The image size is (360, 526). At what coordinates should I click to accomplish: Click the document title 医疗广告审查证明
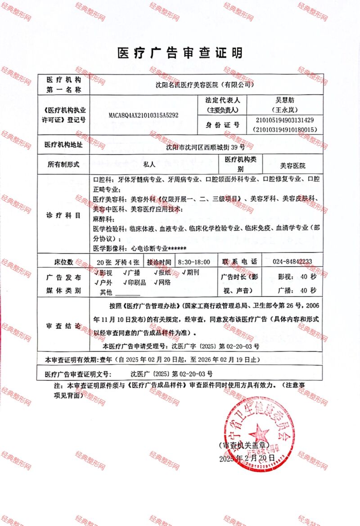[x=180, y=53]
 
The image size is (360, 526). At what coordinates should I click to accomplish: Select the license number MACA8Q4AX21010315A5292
[x=144, y=116]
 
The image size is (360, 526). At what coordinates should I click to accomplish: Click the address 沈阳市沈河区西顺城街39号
[x=205, y=147]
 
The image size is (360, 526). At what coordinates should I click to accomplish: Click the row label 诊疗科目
[x=63, y=215]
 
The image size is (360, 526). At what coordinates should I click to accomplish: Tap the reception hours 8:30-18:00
[x=194, y=262]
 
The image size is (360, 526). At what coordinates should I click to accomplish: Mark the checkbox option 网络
[x=162, y=283]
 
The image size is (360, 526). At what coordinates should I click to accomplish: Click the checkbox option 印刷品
[x=134, y=283]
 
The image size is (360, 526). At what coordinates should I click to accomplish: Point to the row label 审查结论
[x=63, y=326]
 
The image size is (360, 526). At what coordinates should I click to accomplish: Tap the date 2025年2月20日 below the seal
[x=247, y=458]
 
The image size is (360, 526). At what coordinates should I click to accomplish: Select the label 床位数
[x=63, y=262]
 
